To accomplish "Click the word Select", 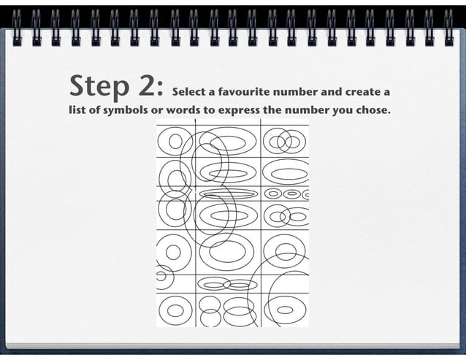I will (187, 93).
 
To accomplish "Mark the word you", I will (348, 111).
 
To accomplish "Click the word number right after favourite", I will (299, 93).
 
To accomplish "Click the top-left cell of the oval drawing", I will (175, 139).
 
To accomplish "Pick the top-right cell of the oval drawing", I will (285, 139).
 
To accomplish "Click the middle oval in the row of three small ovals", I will (291, 194).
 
